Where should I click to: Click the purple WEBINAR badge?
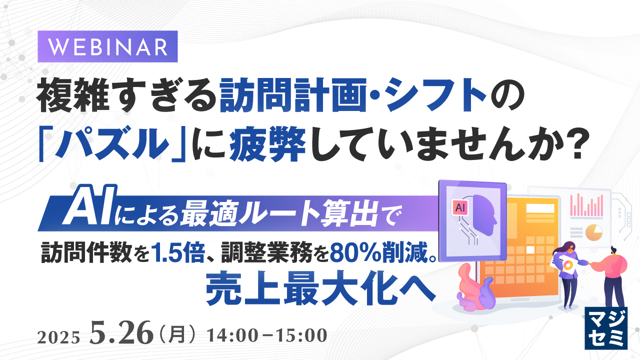click(108, 46)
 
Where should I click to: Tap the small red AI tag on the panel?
click(459, 206)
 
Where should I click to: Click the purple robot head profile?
click(483, 210)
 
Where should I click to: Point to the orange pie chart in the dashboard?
click(594, 232)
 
